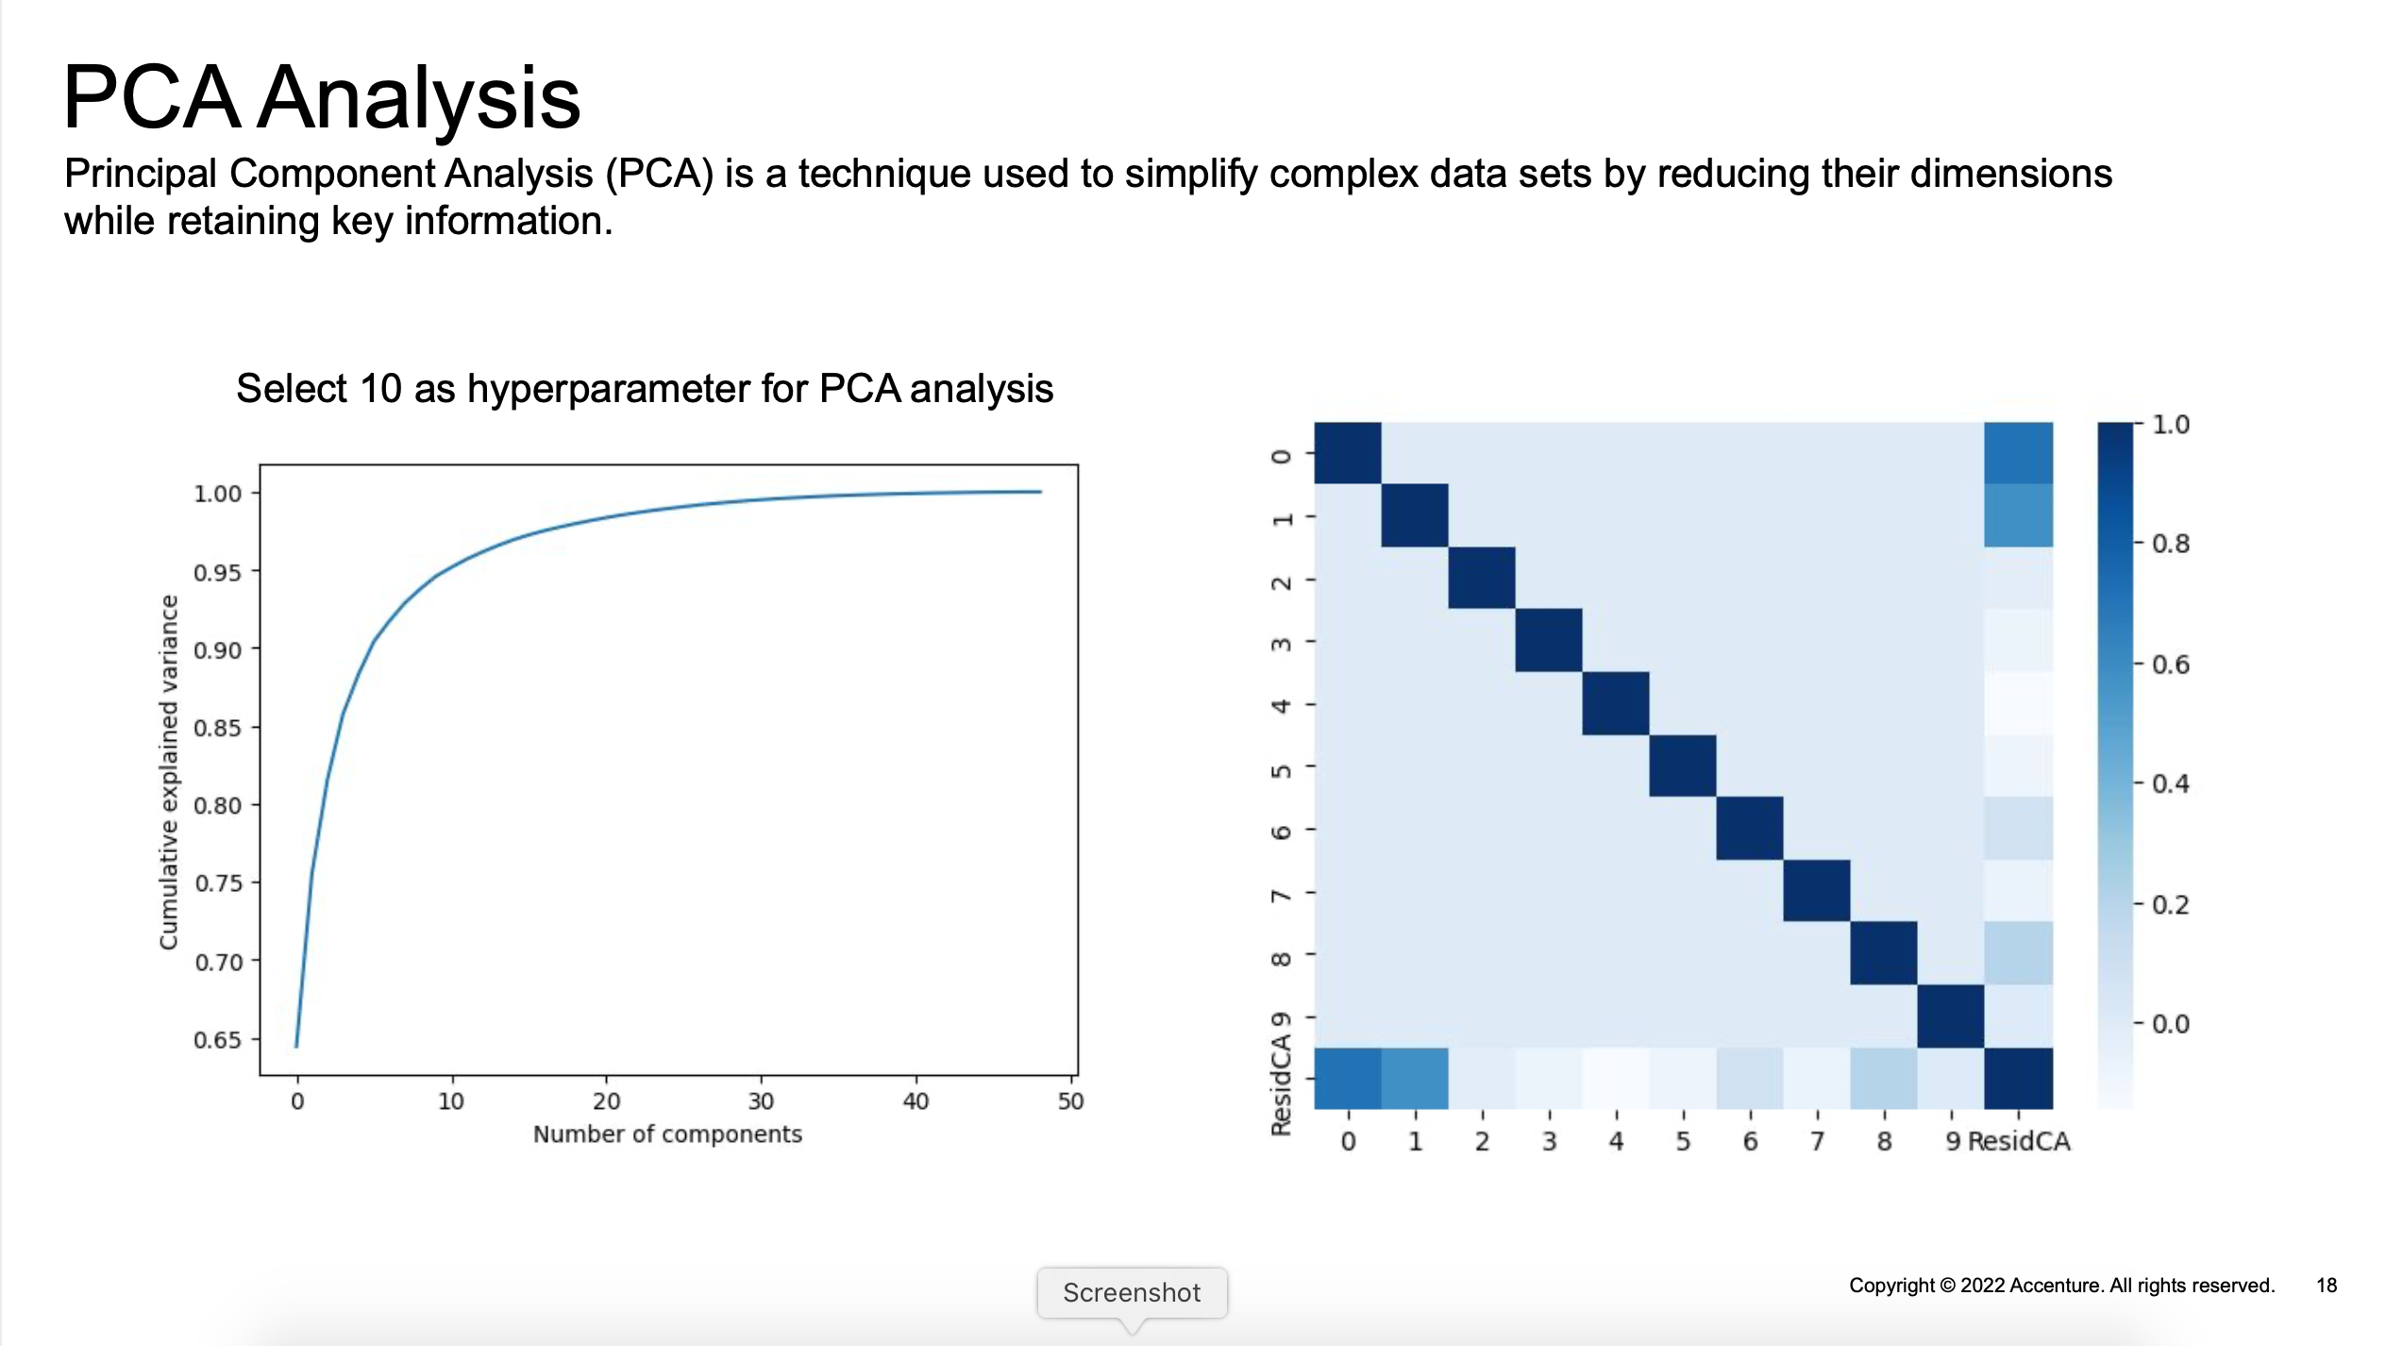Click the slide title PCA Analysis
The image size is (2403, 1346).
[322, 97]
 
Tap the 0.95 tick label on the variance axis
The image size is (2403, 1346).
[218, 573]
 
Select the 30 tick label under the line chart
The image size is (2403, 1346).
[761, 1102]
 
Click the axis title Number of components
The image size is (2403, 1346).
[667, 1135]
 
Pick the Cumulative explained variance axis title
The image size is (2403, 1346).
[168, 772]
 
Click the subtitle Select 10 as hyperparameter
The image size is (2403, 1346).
[645, 389]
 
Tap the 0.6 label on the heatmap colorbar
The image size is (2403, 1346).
[2170, 665]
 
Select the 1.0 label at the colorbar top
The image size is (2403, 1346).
[2170, 425]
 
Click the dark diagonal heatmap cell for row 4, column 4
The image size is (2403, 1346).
[1616, 703]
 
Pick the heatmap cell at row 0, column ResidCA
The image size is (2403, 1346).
[2019, 453]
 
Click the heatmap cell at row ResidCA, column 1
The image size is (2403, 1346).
[1415, 1078]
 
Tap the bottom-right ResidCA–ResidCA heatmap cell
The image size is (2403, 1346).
[2019, 1078]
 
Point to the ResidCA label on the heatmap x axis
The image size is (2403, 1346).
[2019, 1141]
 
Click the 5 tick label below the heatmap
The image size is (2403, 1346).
[1683, 1141]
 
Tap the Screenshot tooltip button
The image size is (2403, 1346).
[1132, 1292]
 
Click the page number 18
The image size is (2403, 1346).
[2327, 1286]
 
